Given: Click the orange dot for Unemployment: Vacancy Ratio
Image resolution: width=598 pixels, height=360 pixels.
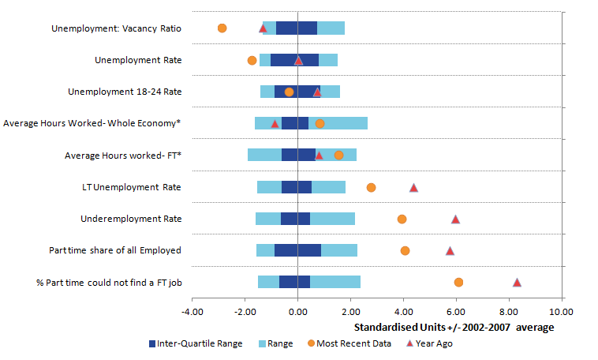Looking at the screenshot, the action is pyautogui.click(x=222, y=28).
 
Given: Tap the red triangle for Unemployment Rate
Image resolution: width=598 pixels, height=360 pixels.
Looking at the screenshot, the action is pyautogui.click(x=299, y=60).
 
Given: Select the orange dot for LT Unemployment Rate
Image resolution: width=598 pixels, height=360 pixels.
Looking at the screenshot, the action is pyautogui.click(x=371, y=187).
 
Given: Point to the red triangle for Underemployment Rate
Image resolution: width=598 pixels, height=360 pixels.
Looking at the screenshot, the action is pyautogui.click(x=455, y=219).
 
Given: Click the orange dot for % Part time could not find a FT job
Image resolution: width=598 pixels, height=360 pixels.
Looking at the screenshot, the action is pyautogui.click(x=459, y=283).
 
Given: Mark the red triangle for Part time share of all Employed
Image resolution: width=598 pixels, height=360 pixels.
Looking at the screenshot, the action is pyautogui.click(x=450, y=251).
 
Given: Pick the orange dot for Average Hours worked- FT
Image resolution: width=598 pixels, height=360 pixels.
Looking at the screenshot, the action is pyautogui.click(x=338, y=156).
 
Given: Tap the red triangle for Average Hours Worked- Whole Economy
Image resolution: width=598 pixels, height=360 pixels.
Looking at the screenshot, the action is pyautogui.click(x=275, y=124).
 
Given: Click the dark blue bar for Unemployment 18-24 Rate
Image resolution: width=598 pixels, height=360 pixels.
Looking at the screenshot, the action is pyautogui.click(x=297, y=92).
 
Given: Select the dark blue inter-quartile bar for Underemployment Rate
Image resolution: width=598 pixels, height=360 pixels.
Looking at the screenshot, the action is pyautogui.click(x=296, y=219).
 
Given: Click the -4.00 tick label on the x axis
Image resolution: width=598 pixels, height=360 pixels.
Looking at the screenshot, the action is pyautogui.click(x=192, y=312).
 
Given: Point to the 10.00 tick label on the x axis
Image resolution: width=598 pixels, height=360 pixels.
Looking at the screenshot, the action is pyautogui.click(x=561, y=312).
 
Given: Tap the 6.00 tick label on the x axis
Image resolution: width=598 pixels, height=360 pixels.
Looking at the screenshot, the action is pyautogui.click(x=456, y=312).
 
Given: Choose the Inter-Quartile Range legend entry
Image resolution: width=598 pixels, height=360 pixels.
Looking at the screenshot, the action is pyautogui.click(x=196, y=343).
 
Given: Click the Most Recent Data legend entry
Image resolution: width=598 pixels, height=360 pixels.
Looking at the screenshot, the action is pyautogui.click(x=349, y=343).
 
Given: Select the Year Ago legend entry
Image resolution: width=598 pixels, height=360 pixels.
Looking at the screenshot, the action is pyautogui.click(x=429, y=343).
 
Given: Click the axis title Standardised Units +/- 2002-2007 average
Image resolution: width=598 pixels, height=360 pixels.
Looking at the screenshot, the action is pyautogui.click(x=454, y=328).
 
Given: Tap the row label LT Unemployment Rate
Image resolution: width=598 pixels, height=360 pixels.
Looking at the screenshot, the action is pyautogui.click(x=132, y=187).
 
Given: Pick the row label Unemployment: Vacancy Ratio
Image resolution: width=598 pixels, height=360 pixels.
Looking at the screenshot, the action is pyautogui.click(x=116, y=28).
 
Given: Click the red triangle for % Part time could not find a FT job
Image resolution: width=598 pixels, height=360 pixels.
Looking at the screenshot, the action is pyautogui.click(x=517, y=283).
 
